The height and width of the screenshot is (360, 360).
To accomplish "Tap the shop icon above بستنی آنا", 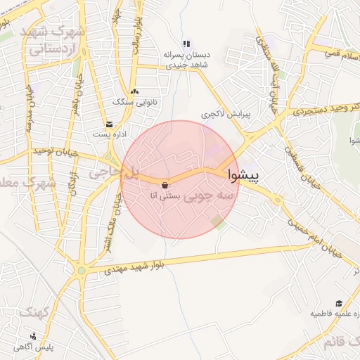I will coord(165,186).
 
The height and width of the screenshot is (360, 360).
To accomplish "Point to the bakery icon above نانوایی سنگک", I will coord(134,91).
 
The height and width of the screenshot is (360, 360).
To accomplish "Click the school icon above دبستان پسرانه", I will coord(186,44).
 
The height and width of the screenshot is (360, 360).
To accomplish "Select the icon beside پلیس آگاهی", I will coord(33,336).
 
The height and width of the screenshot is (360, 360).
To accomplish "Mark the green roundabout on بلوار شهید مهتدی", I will coord(82,270).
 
